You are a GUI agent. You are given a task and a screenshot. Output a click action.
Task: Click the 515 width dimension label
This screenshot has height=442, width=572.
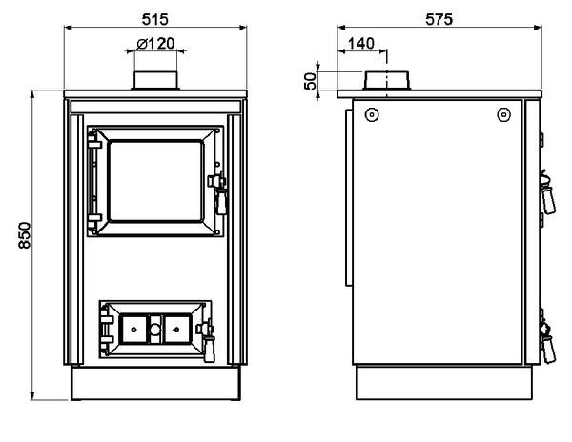(155, 19)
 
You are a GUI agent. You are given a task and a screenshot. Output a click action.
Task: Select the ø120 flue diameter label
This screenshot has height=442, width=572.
(155, 44)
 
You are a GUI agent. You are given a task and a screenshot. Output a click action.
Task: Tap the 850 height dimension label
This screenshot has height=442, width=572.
(25, 235)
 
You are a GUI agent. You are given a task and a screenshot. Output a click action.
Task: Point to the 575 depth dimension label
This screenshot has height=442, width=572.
(439, 19)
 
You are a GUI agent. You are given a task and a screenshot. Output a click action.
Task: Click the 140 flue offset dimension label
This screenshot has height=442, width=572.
(361, 44)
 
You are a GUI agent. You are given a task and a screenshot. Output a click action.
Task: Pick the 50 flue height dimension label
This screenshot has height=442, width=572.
(310, 81)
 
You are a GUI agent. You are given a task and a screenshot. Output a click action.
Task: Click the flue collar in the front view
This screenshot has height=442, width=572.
(155, 80)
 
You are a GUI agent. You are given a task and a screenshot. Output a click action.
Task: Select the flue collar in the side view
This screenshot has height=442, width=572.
(387, 80)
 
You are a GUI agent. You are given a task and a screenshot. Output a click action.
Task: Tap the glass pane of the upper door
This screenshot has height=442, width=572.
(155, 181)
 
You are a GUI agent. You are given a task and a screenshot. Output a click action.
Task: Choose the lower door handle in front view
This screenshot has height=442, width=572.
(207, 340)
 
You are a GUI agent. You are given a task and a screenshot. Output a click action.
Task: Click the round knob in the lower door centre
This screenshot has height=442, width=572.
(155, 330)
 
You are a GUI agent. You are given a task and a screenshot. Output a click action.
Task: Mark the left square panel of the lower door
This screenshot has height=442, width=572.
(133, 330)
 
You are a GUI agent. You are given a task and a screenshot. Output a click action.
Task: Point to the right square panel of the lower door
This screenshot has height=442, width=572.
(177, 330)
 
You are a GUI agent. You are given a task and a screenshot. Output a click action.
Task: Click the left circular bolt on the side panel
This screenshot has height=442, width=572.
(372, 114)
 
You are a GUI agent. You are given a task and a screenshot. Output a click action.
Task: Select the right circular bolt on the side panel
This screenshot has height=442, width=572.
(503, 114)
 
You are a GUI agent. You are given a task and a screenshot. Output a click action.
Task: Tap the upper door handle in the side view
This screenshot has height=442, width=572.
(547, 192)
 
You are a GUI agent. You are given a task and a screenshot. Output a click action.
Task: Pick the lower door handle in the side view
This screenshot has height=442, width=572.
(547, 342)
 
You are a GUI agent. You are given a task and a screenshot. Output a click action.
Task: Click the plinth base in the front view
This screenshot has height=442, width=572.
(155, 383)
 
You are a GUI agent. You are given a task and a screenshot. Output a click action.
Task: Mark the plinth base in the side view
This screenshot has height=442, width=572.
(444, 383)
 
